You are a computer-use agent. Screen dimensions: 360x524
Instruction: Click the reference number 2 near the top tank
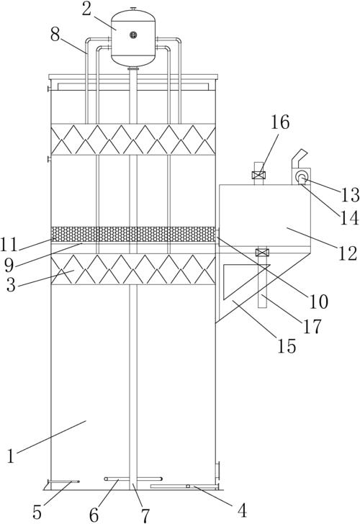tap(86, 9)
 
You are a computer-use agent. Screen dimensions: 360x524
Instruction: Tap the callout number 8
tap(55, 34)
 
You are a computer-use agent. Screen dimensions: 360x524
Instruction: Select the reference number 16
tap(280, 122)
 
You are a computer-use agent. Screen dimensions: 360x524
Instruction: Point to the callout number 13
tap(350, 194)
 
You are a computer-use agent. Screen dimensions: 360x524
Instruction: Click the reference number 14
tap(350, 218)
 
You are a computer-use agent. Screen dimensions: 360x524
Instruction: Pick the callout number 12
tap(348, 253)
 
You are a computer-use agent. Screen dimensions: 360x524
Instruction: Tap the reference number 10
tap(319, 302)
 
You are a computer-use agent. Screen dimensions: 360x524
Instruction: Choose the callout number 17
tap(312, 326)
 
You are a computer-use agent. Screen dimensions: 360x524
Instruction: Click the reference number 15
tap(287, 346)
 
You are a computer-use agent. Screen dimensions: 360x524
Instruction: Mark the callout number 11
tap(9, 245)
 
